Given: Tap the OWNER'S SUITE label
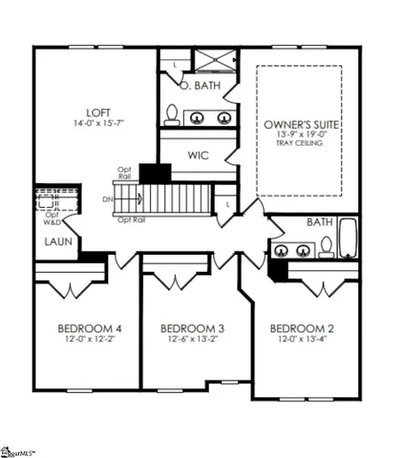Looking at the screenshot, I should [x=301, y=125].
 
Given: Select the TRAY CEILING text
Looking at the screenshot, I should [x=301, y=146].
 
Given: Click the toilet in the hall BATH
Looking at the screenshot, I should [x=326, y=247].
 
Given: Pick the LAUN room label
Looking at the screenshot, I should [x=52, y=241].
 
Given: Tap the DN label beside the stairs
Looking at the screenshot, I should [x=106, y=199].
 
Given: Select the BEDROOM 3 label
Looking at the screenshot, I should [x=192, y=329].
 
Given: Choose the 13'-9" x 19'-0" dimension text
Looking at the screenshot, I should [x=301, y=136].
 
